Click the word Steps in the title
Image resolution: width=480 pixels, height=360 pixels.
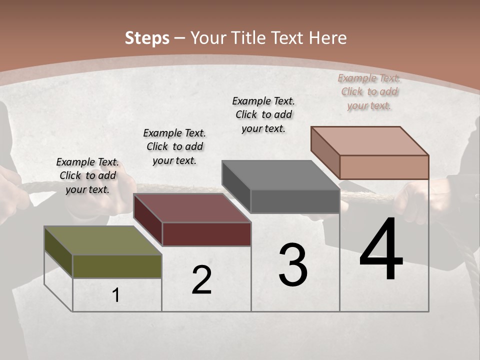(x=147, y=38)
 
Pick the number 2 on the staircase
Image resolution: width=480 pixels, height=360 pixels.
(x=202, y=280)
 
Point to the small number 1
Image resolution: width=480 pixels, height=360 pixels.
(x=116, y=295)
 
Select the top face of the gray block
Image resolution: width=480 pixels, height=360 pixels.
(x=280, y=175)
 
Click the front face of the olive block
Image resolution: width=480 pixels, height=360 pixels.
(x=117, y=266)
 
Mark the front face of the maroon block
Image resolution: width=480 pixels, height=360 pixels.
(x=206, y=234)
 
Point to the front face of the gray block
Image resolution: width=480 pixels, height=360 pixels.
(x=295, y=201)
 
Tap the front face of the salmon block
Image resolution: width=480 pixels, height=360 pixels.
(x=384, y=167)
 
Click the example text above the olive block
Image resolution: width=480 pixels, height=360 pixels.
(x=87, y=175)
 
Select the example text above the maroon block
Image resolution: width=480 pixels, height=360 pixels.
(x=174, y=146)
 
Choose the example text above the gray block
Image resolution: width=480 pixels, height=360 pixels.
(x=263, y=114)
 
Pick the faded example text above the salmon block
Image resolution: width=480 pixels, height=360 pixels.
(x=369, y=91)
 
